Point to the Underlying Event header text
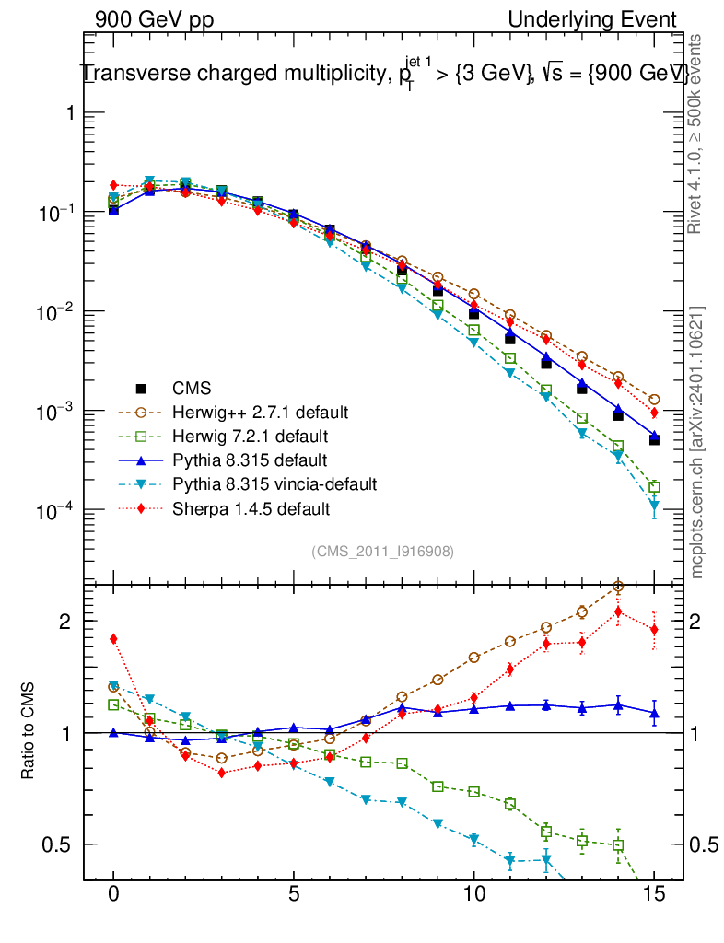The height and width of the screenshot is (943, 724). [x=591, y=19]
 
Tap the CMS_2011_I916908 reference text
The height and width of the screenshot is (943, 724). [x=382, y=551]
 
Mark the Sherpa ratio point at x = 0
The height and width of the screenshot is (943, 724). [x=113, y=638]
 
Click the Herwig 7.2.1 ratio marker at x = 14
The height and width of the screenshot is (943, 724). [x=618, y=844]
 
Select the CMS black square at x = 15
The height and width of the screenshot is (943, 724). [x=654, y=439]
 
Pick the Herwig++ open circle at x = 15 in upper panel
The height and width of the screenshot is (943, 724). [x=654, y=400]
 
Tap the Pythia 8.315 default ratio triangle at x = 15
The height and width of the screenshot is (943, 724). [x=654, y=713]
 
